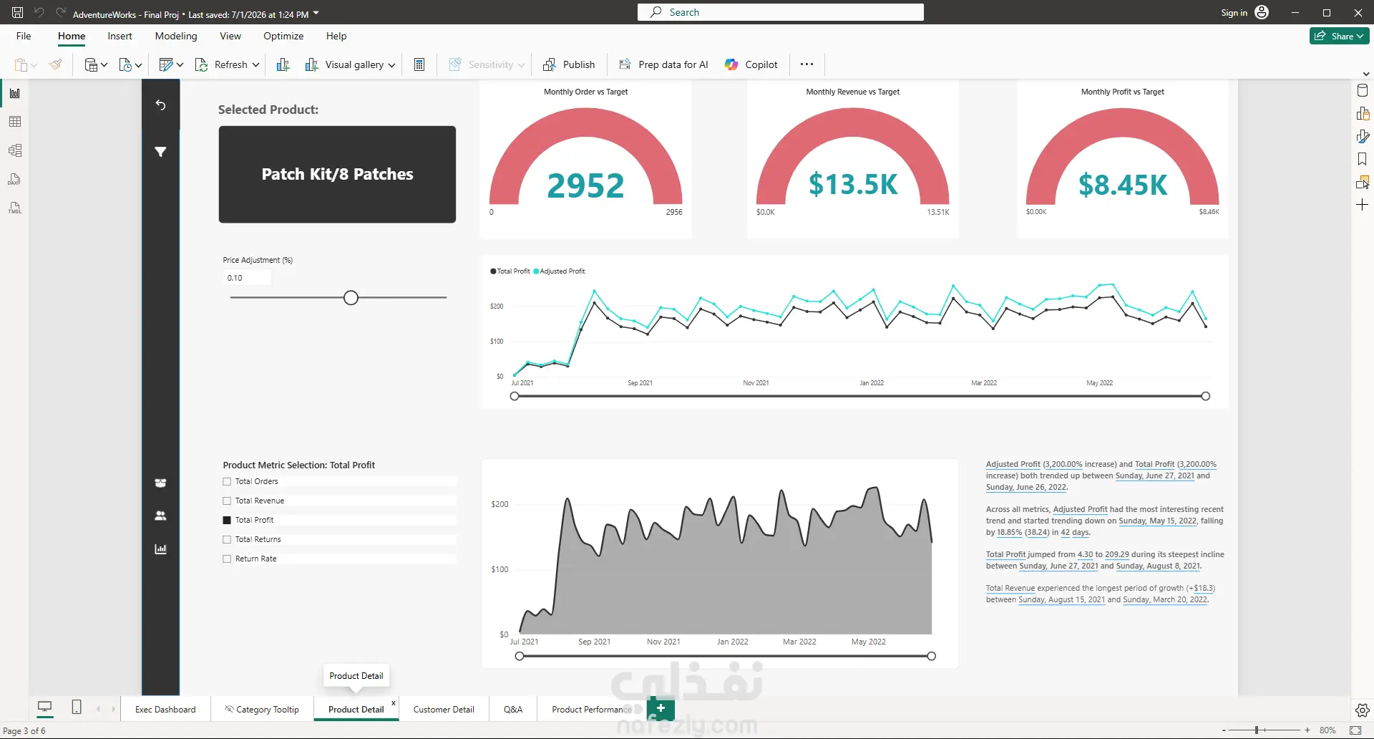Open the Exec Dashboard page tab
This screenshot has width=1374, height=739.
pos(165,709)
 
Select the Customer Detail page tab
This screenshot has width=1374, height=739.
pos(444,709)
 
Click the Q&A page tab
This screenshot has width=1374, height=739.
pos(513,709)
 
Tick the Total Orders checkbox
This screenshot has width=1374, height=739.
pos(227,482)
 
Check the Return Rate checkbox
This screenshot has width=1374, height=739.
pos(227,559)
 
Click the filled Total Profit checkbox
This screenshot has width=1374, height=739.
pos(227,521)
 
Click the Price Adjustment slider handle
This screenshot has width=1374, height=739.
pos(351,298)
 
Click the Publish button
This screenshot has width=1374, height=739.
pos(570,64)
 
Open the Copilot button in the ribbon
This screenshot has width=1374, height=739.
pos(751,64)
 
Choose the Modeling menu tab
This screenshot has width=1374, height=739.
pos(176,36)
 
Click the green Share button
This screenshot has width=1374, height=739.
pos(1339,36)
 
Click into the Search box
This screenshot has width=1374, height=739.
pos(780,12)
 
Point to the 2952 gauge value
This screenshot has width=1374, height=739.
pos(585,185)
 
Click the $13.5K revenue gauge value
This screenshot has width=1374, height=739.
pos(853,184)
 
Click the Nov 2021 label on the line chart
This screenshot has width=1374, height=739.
pos(756,383)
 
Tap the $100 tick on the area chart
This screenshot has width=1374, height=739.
pos(500,569)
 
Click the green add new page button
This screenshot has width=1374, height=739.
pos(661,708)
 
